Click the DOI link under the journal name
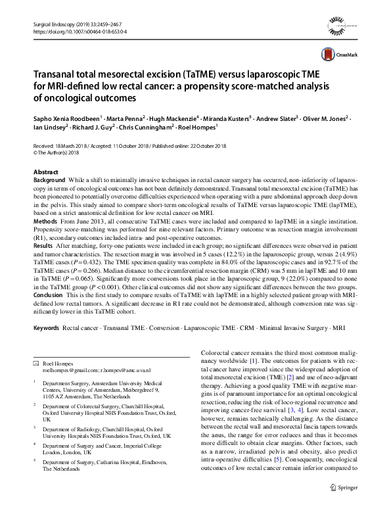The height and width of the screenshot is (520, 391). [79, 31]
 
